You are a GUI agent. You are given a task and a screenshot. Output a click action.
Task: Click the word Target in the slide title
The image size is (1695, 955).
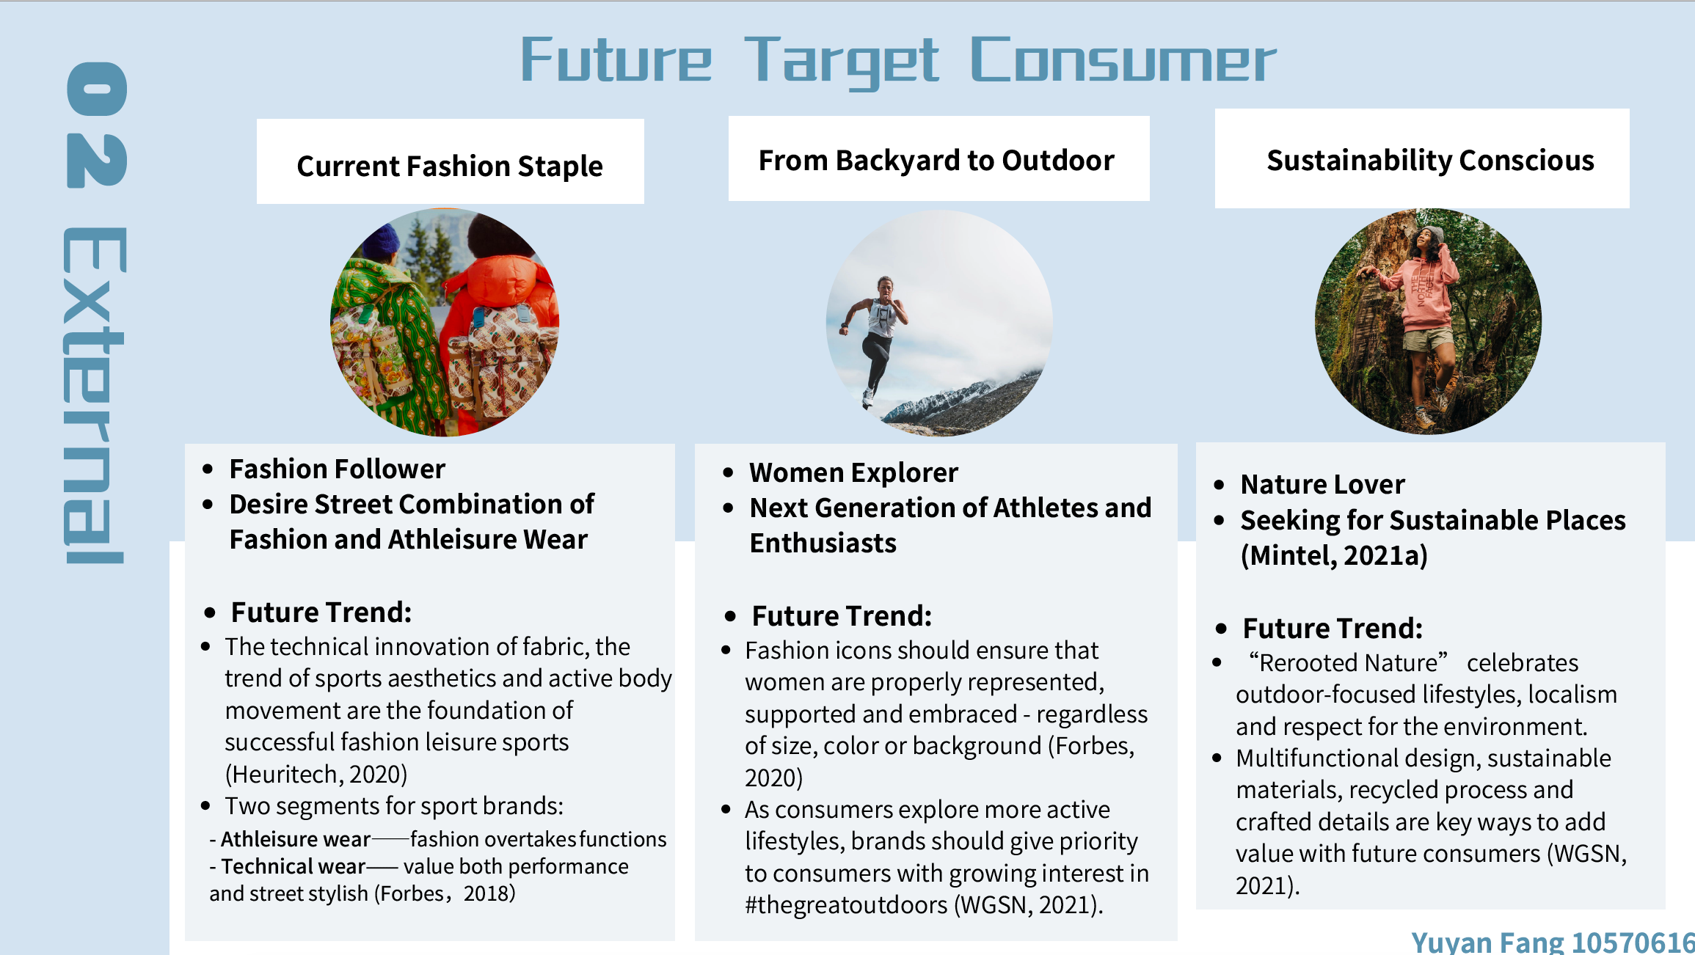click(x=841, y=62)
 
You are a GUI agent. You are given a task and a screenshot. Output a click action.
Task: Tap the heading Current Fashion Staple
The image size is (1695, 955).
click(x=450, y=166)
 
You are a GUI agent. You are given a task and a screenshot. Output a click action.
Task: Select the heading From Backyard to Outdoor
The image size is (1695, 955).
click(x=936, y=160)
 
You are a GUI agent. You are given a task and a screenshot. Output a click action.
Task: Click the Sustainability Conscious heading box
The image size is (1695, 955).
click(x=1422, y=158)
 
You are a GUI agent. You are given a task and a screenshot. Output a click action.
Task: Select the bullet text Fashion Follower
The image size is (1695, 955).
click(x=338, y=469)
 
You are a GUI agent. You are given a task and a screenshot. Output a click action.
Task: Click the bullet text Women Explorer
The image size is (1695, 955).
click(x=853, y=472)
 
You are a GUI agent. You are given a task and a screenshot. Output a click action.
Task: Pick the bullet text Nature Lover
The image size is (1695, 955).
click(x=1322, y=484)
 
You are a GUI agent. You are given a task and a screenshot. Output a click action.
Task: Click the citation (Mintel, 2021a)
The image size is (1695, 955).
click(x=1334, y=555)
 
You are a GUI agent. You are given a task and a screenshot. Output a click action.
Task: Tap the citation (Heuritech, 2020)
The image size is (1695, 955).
click(x=316, y=774)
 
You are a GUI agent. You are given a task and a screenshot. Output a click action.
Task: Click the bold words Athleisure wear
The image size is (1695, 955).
click(x=296, y=838)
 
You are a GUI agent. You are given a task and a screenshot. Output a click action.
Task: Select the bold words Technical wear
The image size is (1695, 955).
click(x=294, y=866)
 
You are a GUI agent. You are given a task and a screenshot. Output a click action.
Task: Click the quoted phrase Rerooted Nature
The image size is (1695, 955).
click(x=1349, y=662)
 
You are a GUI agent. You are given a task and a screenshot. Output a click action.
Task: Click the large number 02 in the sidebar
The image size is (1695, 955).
click(x=97, y=125)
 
